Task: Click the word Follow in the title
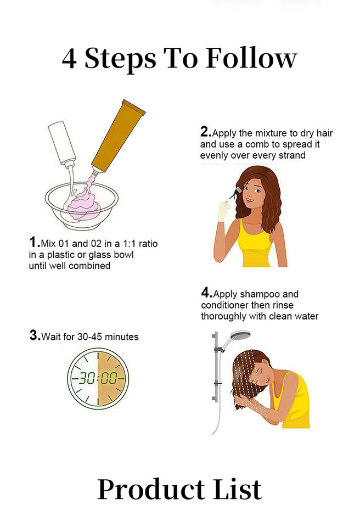(x=251, y=58)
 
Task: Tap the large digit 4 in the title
(x=69, y=59)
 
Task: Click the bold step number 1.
(x=33, y=242)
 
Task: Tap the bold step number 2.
(x=205, y=132)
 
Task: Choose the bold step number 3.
(x=35, y=335)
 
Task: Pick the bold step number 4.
(x=206, y=293)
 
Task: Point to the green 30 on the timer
(x=87, y=378)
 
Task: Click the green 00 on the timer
(x=109, y=378)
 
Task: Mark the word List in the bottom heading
(x=238, y=489)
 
